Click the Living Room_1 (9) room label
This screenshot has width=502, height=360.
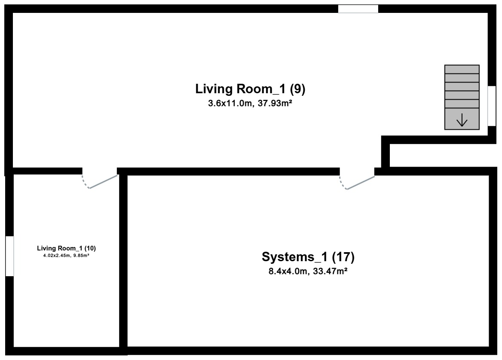pos(250,89)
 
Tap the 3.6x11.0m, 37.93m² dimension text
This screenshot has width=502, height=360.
pos(250,104)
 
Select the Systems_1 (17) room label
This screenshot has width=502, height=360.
pos(308,256)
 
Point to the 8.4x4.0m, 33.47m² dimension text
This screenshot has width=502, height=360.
pos(308,272)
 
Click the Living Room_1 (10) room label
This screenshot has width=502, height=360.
pos(66,248)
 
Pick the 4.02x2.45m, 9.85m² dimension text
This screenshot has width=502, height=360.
pos(66,255)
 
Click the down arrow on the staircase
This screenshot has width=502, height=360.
pos(462,120)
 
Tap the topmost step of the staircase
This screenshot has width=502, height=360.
pos(462,70)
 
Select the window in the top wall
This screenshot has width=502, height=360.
pos(358,9)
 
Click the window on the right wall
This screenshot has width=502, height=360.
pos(492,106)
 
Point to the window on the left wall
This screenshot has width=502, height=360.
pos(9,256)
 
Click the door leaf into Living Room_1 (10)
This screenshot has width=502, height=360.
pos(104,182)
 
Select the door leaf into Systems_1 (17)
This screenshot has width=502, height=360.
pos(361,183)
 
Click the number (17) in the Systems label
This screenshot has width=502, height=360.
pos(343,256)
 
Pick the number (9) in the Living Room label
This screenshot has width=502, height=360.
pos(297,89)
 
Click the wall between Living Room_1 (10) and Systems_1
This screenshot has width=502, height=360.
pos(123,261)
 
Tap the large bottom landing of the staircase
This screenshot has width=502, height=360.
pos(462,119)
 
